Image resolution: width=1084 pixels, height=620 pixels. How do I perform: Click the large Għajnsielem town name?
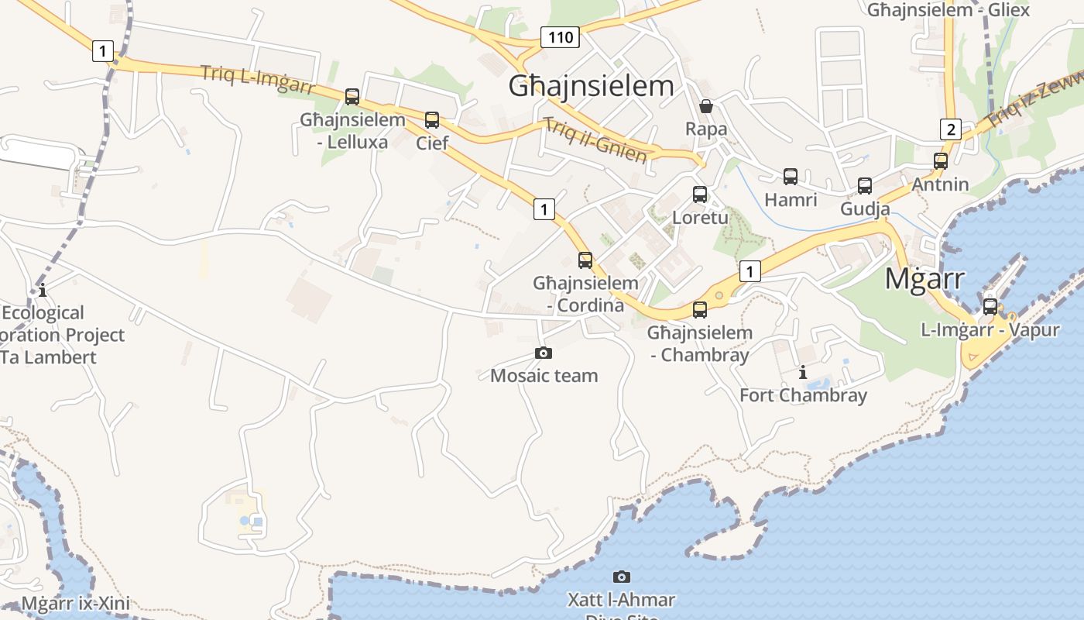591,85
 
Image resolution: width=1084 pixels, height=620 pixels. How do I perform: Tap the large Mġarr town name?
924,278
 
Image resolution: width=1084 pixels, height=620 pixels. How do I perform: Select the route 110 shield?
560,36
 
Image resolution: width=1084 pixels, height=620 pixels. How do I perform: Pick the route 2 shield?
950,129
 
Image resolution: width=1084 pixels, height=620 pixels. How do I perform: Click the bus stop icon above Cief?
432,120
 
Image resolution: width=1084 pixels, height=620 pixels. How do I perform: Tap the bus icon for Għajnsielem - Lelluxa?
352,97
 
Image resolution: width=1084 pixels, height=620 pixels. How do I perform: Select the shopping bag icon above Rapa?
706,106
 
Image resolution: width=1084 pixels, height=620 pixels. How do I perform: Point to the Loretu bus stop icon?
700,195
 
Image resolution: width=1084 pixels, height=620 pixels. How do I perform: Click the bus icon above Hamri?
791,177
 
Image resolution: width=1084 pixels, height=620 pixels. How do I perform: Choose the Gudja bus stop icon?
865,186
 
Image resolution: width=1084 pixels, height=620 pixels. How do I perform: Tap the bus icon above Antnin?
941,161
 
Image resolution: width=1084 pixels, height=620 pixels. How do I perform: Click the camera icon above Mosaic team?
544,353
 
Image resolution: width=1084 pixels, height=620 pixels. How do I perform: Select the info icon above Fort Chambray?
803,372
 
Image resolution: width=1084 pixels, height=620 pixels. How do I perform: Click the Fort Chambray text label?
803,395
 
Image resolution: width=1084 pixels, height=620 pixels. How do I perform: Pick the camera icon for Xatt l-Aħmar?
621,577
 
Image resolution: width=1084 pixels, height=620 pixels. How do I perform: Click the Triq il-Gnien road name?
595,140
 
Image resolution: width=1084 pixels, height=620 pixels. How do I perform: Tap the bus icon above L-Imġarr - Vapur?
990,306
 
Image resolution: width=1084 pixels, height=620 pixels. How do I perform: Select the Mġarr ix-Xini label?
75,604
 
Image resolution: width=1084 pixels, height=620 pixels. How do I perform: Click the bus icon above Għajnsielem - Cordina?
585,260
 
